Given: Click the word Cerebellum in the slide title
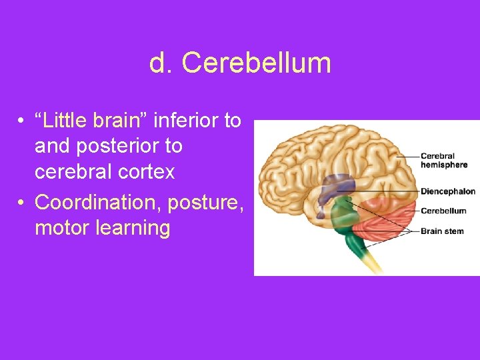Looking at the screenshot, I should [x=256, y=63].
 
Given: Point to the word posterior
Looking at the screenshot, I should [x=119, y=146].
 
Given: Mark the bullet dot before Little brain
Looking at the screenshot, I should [x=22, y=121].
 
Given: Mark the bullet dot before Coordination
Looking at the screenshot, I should [x=22, y=201].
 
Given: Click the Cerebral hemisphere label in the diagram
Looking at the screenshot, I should [x=443, y=161].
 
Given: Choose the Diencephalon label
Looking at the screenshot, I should [x=447, y=191].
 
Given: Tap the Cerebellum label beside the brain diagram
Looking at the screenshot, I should [x=443, y=211].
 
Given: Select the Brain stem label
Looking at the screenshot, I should [x=442, y=231].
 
